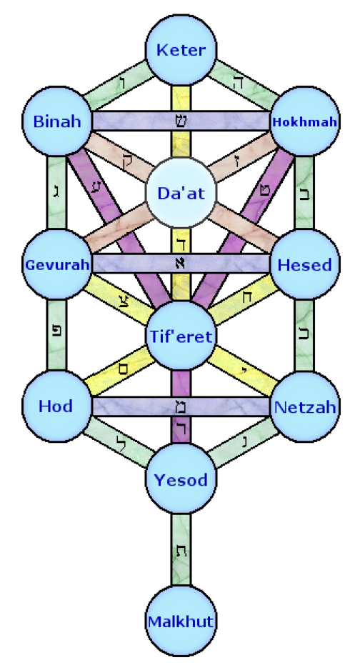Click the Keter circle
(181, 49)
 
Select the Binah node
(57, 121)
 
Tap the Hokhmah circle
(305, 121)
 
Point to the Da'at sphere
(181, 193)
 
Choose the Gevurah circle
(57, 264)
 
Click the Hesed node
(305, 264)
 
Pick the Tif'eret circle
(181, 336)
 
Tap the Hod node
(57, 406)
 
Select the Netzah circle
(305, 406)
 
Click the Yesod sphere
(181, 479)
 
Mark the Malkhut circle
(181, 621)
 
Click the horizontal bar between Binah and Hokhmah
(181, 121)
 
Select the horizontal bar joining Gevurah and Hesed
(181, 263)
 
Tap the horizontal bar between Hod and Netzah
(181, 406)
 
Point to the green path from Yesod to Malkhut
(181, 550)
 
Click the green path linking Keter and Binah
(119, 86)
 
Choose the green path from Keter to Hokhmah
(244, 86)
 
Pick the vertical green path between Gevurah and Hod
(57, 336)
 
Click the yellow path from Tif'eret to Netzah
(244, 371)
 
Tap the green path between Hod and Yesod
(119, 442)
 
